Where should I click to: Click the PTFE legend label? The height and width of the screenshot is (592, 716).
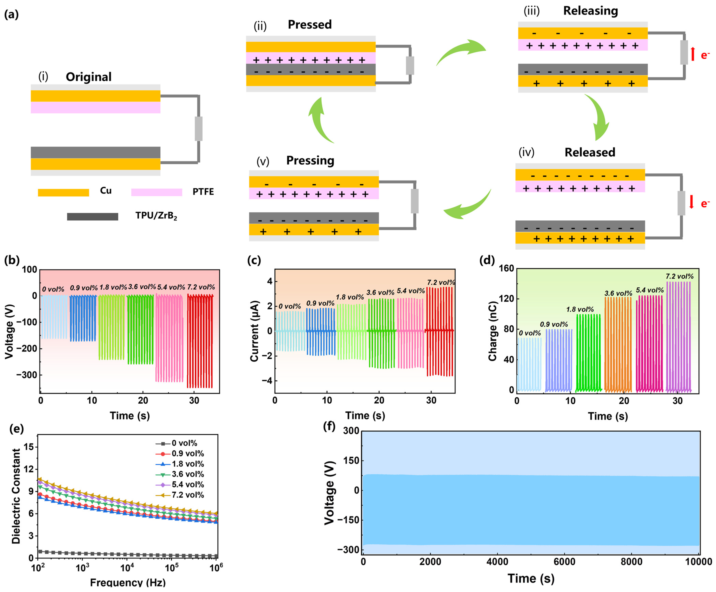pyautogui.click(x=203, y=192)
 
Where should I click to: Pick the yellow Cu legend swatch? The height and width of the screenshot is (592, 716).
pyautogui.click(x=63, y=193)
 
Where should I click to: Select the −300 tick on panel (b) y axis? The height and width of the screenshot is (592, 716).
pyautogui.click(x=27, y=375)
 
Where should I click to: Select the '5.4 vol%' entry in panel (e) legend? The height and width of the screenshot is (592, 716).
pyautogui.click(x=187, y=485)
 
